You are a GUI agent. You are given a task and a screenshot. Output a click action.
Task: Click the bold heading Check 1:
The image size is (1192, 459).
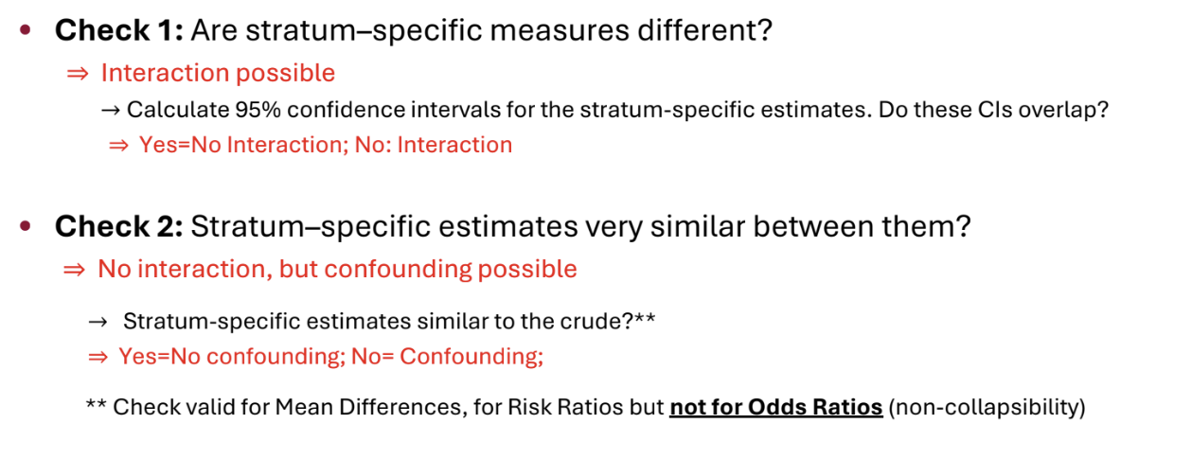(x=118, y=30)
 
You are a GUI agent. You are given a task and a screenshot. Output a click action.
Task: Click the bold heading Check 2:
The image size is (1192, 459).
(x=118, y=227)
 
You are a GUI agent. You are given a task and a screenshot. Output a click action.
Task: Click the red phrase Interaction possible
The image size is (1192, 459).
(x=218, y=73)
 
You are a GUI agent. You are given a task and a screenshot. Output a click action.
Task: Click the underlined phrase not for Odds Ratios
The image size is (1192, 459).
(x=776, y=408)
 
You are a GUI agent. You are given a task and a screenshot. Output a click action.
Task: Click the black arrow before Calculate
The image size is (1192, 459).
(x=110, y=111)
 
